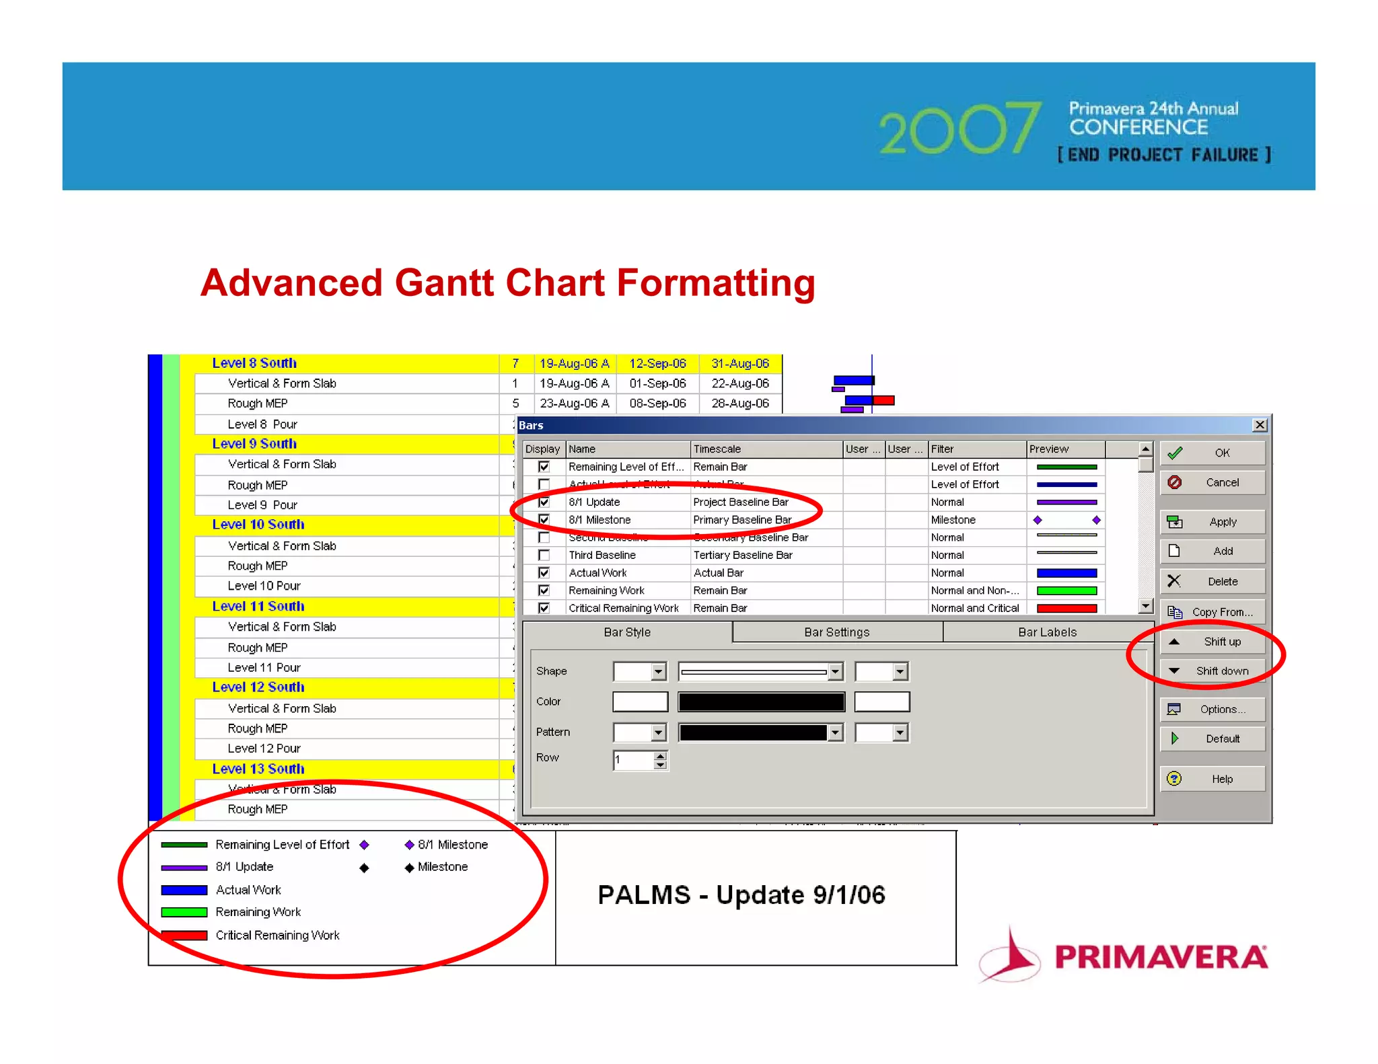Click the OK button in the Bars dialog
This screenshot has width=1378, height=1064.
coord(1212,453)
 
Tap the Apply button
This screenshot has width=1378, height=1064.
coord(1212,522)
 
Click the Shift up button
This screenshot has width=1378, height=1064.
coord(1212,642)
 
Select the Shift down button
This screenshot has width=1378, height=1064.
coord(1212,671)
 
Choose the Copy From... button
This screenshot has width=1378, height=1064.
coord(1212,612)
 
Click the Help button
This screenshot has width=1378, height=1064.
coord(1212,779)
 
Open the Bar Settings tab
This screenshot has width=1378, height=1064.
coord(836,632)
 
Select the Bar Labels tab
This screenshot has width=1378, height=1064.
coord(1047,632)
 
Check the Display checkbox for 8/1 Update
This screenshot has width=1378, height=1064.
coord(544,502)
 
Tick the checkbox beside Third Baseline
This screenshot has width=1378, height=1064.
coord(544,555)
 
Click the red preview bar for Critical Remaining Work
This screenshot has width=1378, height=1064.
coord(1066,608)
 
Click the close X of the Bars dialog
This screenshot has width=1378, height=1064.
coord(1260,425)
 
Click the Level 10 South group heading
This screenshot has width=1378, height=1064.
coord(258,525)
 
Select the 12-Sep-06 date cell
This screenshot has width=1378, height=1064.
coord(657,364)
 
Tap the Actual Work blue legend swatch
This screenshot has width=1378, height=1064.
coord(184,890)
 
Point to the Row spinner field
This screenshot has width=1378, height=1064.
coord(633,761)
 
